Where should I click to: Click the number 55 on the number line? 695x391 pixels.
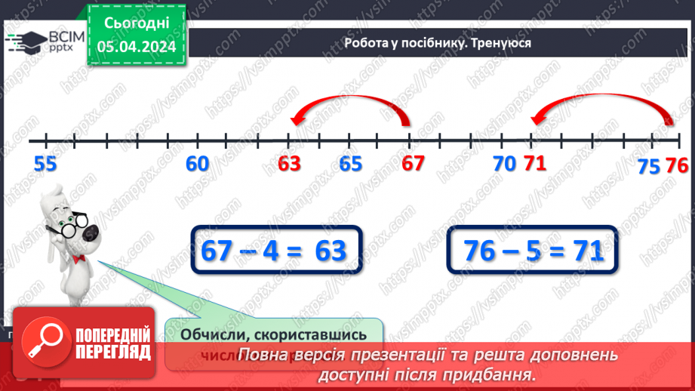[45, 164]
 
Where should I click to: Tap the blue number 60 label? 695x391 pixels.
[198, 164]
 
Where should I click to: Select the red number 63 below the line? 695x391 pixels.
[289, 164]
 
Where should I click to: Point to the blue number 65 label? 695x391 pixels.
[350, 164]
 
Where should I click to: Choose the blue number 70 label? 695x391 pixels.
[503, 163]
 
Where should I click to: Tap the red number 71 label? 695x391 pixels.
[534, 163]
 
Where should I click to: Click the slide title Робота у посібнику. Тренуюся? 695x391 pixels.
[438, 43]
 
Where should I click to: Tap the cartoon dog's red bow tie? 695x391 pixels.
[78, 259]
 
